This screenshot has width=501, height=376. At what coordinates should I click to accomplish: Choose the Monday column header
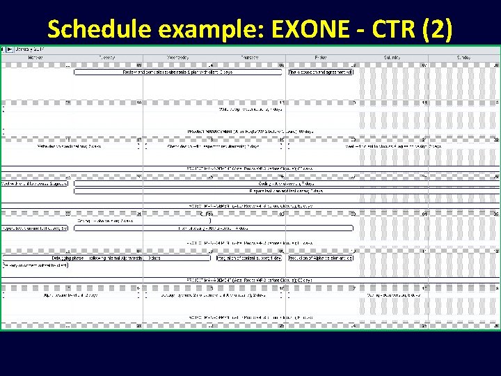coord(35,57)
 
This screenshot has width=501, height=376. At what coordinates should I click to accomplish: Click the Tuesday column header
coord(107,57)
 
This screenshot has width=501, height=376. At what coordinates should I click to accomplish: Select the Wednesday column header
coord(178,57)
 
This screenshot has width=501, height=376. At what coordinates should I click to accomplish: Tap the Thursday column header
coord(250,57)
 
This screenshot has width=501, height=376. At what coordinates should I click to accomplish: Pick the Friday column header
coord(321,57)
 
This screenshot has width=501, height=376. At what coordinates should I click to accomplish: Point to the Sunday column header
coord(463,57)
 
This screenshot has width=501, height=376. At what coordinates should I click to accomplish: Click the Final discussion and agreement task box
coord(321,72)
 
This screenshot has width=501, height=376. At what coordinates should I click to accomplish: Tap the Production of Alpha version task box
coord(321,258)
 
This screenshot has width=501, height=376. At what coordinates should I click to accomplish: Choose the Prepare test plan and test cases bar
coord(285,190)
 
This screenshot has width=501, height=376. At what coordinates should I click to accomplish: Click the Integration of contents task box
coord(248,258)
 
